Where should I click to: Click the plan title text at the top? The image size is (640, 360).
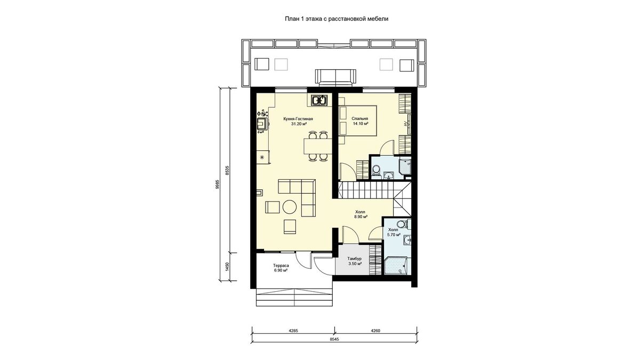337,19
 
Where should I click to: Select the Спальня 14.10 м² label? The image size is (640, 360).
360,121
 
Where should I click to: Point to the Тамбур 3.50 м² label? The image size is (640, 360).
355,261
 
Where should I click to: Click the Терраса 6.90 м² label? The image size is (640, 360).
281,268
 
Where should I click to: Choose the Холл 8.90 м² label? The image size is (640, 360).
361,214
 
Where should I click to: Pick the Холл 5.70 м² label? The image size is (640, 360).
393,232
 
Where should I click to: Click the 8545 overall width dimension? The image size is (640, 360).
334,339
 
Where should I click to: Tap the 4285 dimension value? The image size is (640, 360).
293,331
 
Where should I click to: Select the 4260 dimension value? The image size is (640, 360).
375,331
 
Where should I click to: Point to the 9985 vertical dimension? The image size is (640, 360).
218,185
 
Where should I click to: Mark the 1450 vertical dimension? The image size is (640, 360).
227,266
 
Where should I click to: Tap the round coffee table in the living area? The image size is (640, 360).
290,207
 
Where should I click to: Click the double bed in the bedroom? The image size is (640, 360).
358,121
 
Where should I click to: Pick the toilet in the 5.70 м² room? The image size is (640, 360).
403,223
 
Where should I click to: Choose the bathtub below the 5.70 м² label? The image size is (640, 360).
395,266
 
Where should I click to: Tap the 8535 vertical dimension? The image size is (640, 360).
227,170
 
